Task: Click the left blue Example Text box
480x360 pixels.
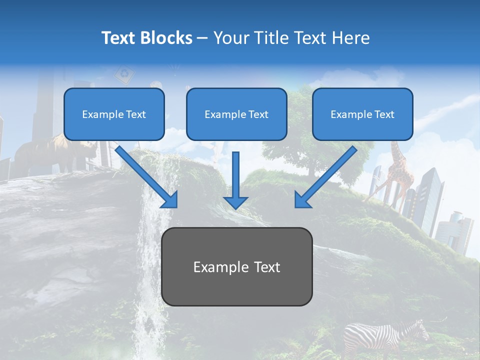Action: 114,114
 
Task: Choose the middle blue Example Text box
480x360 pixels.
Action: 236,114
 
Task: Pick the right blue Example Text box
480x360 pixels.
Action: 362,114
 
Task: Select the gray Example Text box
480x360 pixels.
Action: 236,266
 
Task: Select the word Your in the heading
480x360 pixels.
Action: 230,38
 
